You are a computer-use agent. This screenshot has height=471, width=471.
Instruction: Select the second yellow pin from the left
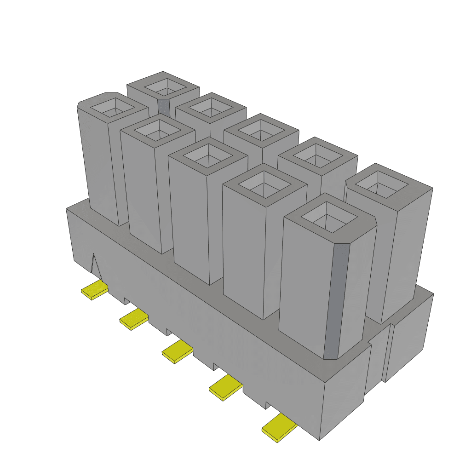(134, 319)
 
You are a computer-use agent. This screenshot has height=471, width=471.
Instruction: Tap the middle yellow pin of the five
(177, 352)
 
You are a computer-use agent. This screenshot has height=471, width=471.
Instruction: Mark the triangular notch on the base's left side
(95, 266)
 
